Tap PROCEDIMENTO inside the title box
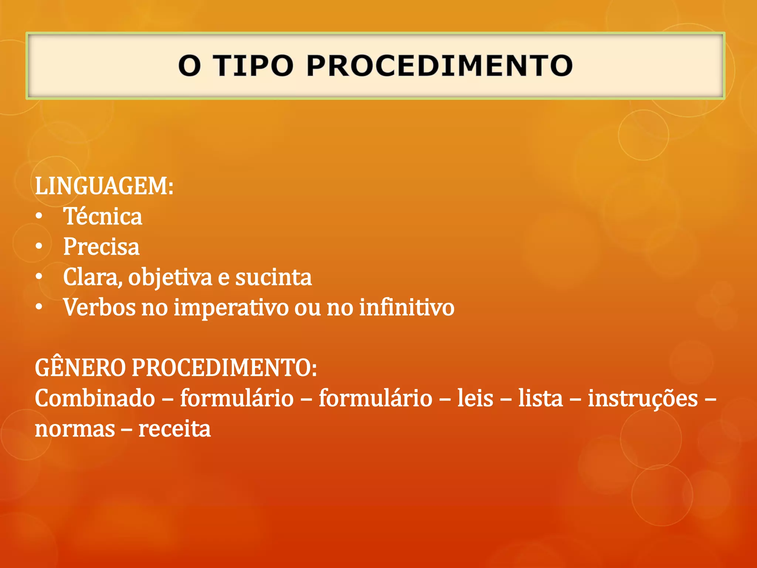pos(439,66)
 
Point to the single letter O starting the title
pos(190,66)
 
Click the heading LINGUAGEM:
pos(104,186)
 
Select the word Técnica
pos(102,216)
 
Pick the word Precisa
pos(101,247)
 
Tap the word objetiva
pos(170,278)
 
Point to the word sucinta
pos(274,277)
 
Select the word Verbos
pos(99,307)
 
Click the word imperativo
pos(231,308)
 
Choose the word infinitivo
pos(407,307)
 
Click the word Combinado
pos(95,398)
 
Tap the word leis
pos(475,398)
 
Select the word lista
pos(540,398)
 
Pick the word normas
pos(75,429)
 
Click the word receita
pos(174,429)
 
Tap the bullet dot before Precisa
pos(39,247)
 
